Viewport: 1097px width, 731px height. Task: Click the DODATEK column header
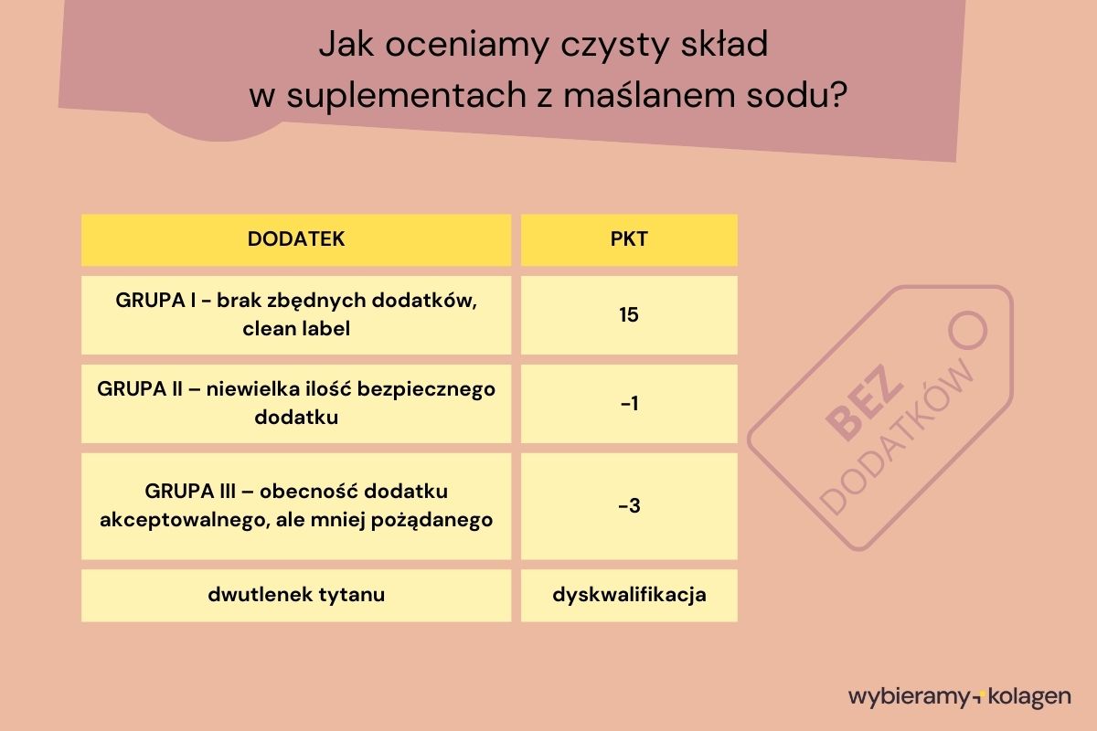click(x=295, y=239)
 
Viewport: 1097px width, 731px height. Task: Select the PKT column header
click(x=628, y=239)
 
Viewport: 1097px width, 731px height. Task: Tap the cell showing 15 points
click(x=628, y=315)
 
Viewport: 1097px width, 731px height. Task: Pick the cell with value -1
click(x=628, y=403)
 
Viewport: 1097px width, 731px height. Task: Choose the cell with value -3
click(x=628, y=505)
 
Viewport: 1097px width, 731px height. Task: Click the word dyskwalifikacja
click(x=629, y=595)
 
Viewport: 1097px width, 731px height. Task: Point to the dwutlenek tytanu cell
click(x=296, y=595)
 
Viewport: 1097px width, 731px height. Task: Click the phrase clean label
click(x=296, y=328)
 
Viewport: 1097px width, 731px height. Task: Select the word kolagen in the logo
click(x=1028, y=697)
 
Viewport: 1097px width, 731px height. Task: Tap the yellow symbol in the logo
click(x=975, y=698)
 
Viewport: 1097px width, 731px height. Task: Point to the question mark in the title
click(x=838, y=96)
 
